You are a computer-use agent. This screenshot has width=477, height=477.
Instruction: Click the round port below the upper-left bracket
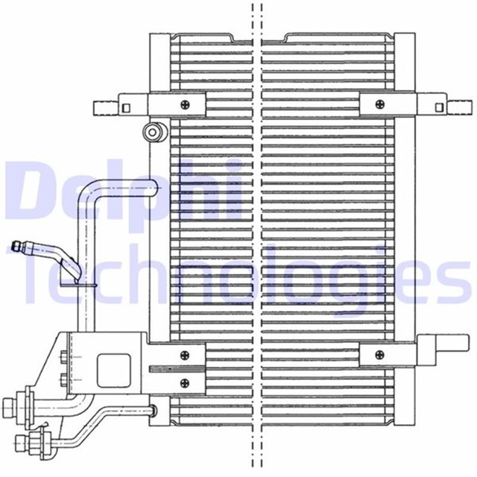coord(153,133)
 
